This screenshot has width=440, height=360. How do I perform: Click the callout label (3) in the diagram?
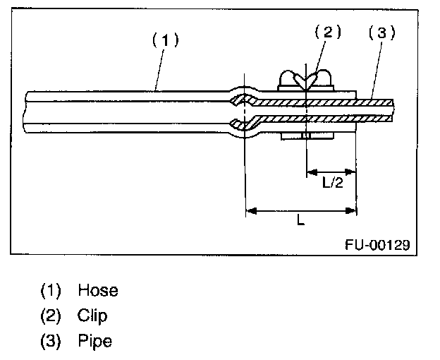pos(381,32)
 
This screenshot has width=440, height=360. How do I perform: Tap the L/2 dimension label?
pos(332,184)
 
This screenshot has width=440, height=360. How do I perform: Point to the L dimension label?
pos(301,221)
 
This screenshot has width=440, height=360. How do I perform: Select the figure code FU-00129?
pos(377,244)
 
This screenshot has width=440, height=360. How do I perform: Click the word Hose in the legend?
pos(98,290)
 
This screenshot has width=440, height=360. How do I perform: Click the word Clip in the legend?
pos(93,316)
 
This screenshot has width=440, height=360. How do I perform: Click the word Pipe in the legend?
pos(95,341)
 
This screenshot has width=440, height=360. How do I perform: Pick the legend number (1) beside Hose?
pos(51,290)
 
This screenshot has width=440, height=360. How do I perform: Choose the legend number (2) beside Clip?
pos(51,316)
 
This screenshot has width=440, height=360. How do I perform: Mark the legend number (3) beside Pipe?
pos(51,341)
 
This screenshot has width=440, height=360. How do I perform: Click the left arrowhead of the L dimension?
pos(250,210)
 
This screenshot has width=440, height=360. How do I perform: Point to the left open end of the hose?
pos(27,111)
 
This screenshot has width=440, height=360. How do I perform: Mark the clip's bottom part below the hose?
pos(305,136)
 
